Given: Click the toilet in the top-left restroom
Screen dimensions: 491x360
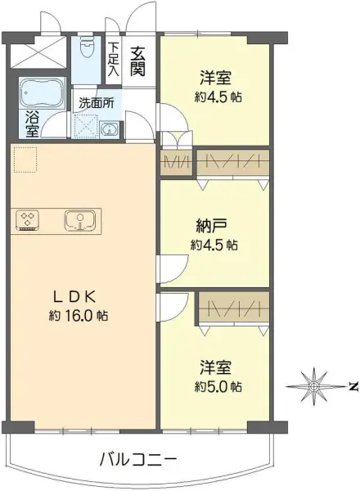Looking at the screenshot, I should [x=87, y=52].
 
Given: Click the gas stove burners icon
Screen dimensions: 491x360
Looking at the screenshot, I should [x=28, y=219].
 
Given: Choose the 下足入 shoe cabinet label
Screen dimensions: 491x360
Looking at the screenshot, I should [x=113, y=59].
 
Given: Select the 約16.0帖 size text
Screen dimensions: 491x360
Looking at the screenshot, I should [x=79, y=316].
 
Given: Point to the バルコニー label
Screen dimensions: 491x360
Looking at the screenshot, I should [x=137, y=458].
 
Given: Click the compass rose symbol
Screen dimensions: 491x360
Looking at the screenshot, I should [x=313, y=385].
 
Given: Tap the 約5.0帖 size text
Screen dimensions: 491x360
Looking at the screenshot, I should [x=217, y=385].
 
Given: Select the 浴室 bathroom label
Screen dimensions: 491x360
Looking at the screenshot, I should [x=32, y=124].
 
